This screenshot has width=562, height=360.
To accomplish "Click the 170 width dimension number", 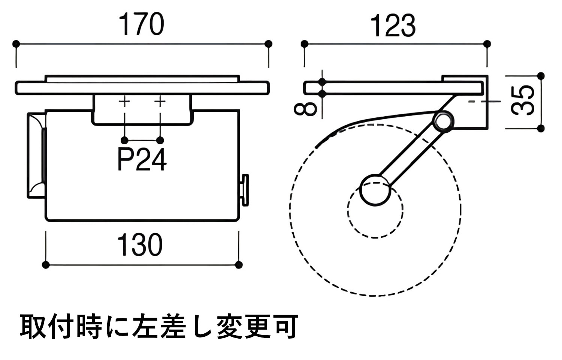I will (x=142, y=24).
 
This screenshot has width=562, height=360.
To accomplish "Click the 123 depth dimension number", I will (x=393, y=25).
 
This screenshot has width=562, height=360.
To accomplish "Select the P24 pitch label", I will (x=142, y=160).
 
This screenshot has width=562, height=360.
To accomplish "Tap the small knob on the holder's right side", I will (x=245, y=190).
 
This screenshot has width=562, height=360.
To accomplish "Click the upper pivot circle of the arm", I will (x=443, y=121).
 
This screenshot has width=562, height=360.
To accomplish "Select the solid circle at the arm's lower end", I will (x=375, y=190).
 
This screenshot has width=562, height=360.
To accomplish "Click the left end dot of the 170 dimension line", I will (x=16, y=44).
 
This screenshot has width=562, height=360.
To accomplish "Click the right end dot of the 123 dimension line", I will (x=487, y=44).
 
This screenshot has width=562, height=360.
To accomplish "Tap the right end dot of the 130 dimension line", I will (x=239, y=265).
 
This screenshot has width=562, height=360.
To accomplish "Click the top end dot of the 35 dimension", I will (x=541, y=76).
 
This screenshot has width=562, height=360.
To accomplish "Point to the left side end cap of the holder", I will (x=36, y=155).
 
